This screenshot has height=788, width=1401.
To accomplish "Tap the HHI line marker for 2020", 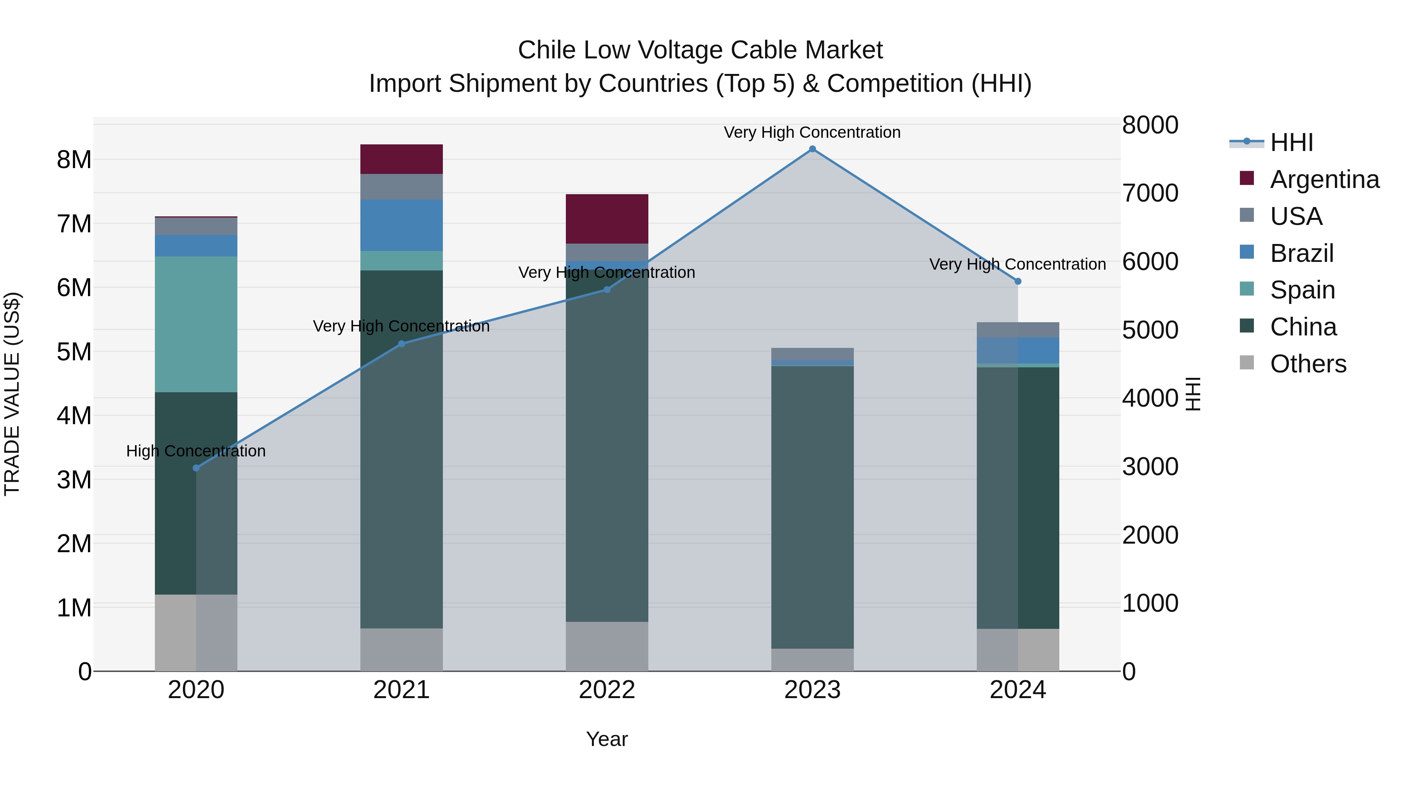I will click(x=197, y=468).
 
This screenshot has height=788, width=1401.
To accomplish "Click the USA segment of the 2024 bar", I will click(x=1018, y=330).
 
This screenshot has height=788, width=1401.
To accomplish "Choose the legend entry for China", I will click(x=1303, y=327).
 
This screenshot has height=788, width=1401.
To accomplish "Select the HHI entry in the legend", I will click(x=1291, y=142).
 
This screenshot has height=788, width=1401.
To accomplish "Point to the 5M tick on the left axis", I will click(x=74, y=352).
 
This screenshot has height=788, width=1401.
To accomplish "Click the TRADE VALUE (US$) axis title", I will click(x=12, y=394).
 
